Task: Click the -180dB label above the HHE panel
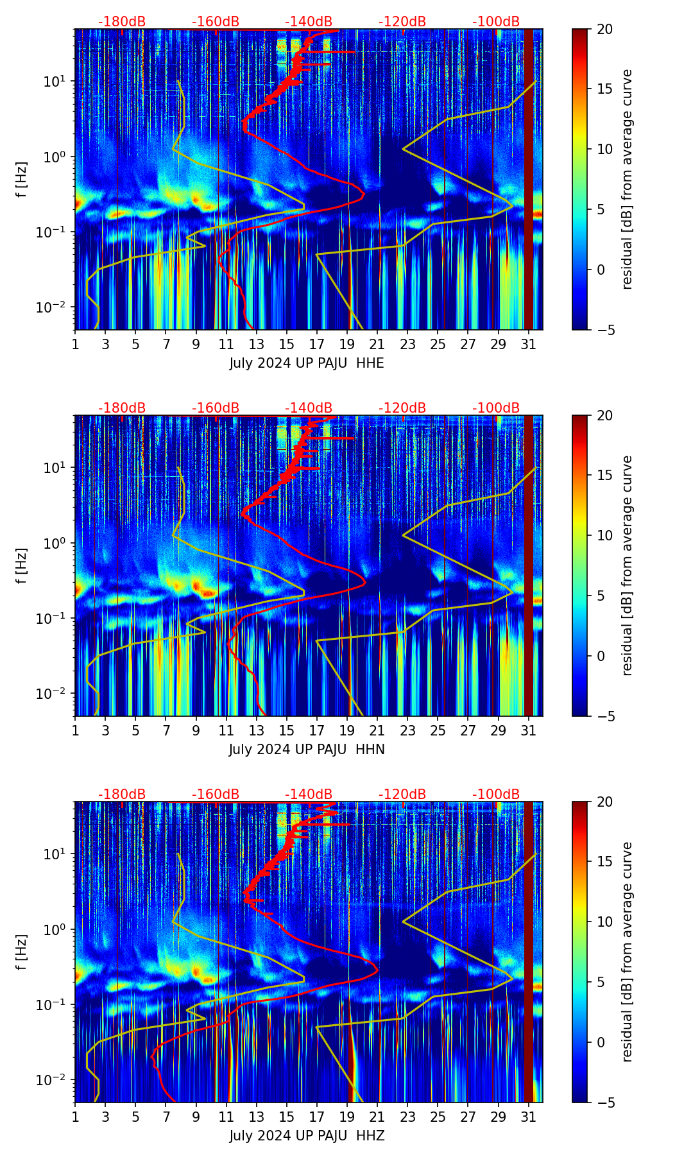[122, 22]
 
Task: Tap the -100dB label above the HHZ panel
[496, 794]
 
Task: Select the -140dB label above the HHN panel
[309, 408]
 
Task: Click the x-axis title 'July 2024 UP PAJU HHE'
[307, 363]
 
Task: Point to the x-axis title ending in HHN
[307, 750]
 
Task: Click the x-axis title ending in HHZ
[307, 1136]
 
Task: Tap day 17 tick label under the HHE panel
[317, 345]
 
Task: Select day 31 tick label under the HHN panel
[528, 731]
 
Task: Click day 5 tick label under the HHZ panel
[135, 1117]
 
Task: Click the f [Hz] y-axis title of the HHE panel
[22, 180]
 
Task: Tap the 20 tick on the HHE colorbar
[604, 29]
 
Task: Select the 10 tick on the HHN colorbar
[604, 535]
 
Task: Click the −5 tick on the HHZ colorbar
[604, 1103]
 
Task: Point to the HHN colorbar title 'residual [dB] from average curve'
[628, 565]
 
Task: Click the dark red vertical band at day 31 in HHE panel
[529, 180]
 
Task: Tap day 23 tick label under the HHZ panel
[407, 1117]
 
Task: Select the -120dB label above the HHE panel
[402, 22]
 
